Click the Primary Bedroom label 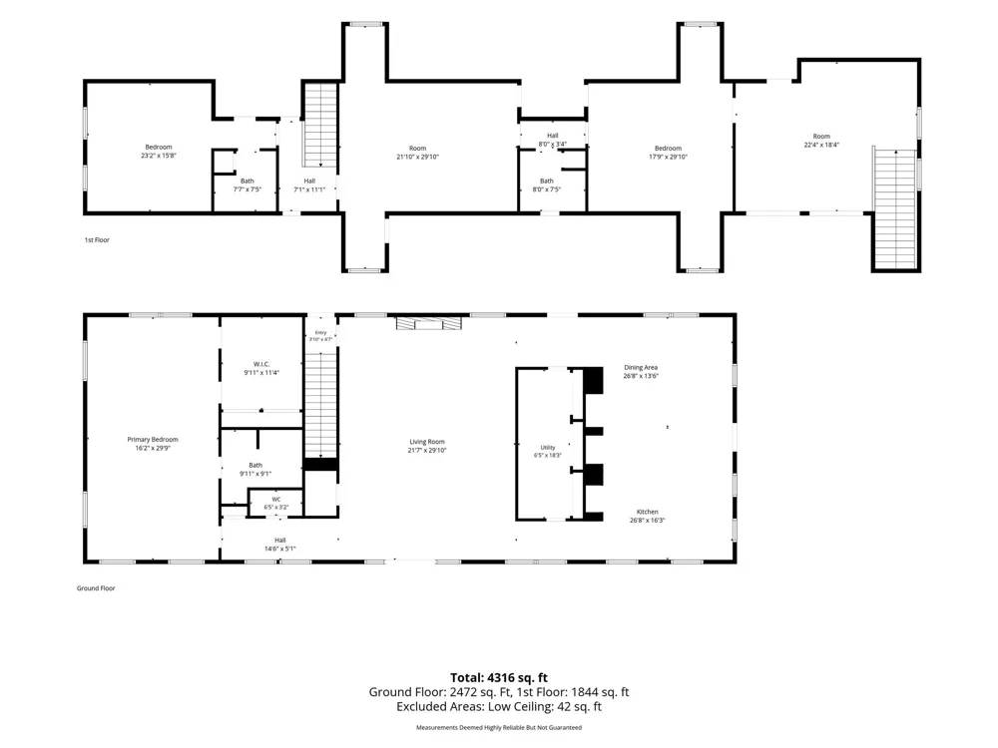click(x=153, y=440)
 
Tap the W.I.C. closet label click(x=261, y=364)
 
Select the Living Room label click(x=427, y=442)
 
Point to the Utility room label click(x=548, y=448)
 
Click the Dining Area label click(x=641, y=368)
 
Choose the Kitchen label click(x=648, y=512)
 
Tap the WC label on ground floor click(x=276, y=500)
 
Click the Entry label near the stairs click(x=320, y=333)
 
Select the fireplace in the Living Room click(x=429, y=324)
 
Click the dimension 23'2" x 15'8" click(x=159, y=156)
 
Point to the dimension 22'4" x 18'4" click(x=821, y=145)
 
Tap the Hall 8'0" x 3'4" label click(x=553, y=140)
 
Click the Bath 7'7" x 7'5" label click(x=247, y=186)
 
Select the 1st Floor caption click(x=97, y=239)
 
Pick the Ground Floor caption click(x=96, y=588)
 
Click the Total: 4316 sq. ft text click(x=499, y=678)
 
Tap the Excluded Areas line click(x=499, y=707)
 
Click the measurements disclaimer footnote click(x=499, y=727)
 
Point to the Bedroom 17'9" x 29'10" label click(x=669, y=152)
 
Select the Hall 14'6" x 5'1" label click(x=280, y=545)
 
